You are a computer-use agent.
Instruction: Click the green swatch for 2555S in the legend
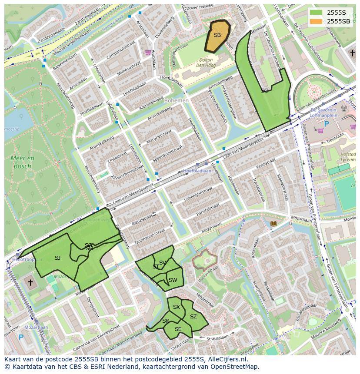pos(316,13)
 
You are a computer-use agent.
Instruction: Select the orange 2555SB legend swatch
pos(316,21)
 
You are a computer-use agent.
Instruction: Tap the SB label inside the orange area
pos(217,35)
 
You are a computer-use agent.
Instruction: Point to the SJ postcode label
pos(57,258)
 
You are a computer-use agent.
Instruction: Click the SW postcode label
pos(173,280)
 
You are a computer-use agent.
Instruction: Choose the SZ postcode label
pos(193,317)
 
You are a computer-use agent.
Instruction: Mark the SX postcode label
pos(176,307)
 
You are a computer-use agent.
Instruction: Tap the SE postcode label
pos(178,329)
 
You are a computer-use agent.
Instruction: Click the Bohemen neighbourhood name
pos(177,100)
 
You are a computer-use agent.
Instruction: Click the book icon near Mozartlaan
pos(273,224)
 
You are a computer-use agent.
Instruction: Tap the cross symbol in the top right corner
pos(353,53)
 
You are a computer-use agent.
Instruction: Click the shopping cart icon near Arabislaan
pos(148,52)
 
